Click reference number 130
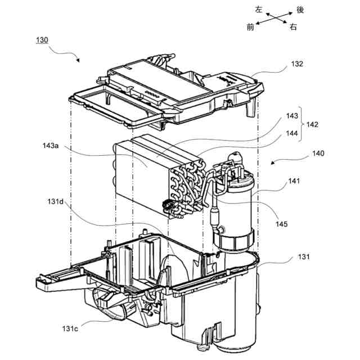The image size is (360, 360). pyautogui.click(x=42, y=41)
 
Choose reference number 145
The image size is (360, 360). pyautogui.click(x=282, y=223)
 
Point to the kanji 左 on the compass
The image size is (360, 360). pyautogui.click(x=259, y=9)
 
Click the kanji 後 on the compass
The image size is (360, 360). pyautogui.click(x=300, y=10)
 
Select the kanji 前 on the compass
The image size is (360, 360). pyautogui.click(x=250, y=26)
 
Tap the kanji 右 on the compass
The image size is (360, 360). pyautogui.click(x=293, y=26)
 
